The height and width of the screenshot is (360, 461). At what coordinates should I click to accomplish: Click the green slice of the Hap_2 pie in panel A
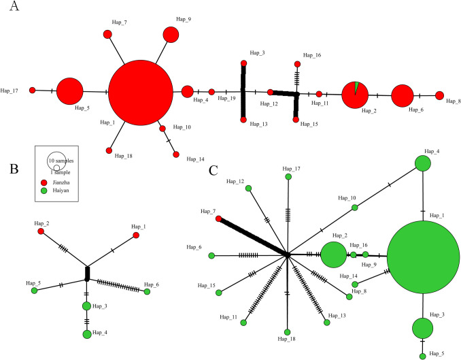[356, 88]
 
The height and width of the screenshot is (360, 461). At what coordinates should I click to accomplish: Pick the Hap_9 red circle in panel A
[171, 35]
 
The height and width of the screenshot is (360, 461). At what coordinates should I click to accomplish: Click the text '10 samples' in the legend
[62, 161]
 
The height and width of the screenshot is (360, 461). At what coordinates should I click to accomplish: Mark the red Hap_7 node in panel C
[218, 218]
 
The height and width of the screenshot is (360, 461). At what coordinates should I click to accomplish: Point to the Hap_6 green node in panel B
[147, 291]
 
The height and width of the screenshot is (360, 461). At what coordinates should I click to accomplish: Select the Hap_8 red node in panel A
[439, 95]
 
